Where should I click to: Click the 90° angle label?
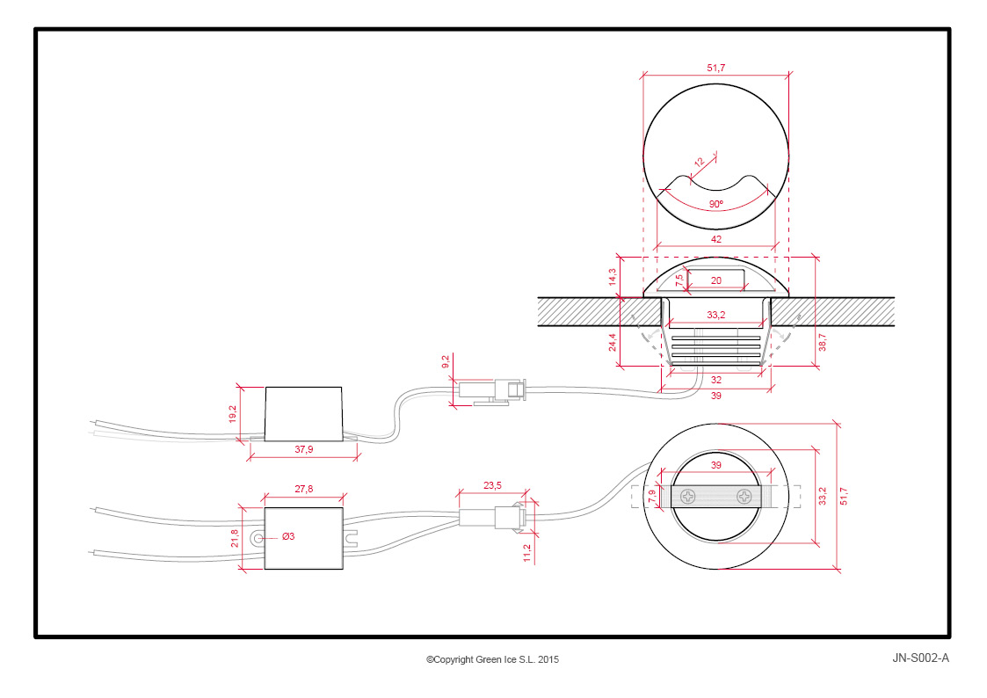(715, 204)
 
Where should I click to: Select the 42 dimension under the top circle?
(715, 239)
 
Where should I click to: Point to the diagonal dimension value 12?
(700, 163)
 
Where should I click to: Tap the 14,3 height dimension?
(613, 277)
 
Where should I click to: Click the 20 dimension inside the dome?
(715, 280)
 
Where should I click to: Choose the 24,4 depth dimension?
(613, 342)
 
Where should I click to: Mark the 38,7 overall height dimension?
(822, 342)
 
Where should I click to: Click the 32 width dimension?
(715, 380)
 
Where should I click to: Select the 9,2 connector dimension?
(446, 362)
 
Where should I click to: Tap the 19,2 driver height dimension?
(233, 413)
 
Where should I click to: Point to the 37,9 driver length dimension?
(303, 449)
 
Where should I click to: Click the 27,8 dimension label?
(303, 489)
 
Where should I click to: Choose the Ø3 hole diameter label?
(288, 536)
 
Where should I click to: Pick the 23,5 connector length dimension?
(492, 485)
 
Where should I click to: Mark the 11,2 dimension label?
(527, 553)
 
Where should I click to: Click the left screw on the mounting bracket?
(688, 497)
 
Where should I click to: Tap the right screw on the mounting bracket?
(744, 497)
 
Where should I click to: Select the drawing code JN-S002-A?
(920, 658)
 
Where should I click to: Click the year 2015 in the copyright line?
(548, 659)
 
